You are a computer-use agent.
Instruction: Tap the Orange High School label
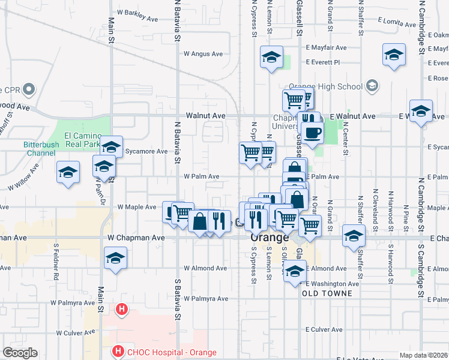[x=325, y=86]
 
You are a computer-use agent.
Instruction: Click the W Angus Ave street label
[x=203, y=53]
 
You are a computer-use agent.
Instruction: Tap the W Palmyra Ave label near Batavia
[x=206, y=298]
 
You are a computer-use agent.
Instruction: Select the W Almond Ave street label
[x=205, y=268]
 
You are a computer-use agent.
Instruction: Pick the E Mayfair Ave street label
[x=326, y=47]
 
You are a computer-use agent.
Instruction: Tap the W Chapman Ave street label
[x=136, y=238]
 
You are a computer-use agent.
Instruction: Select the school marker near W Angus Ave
[x=271, y=58]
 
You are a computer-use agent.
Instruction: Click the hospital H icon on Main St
[x=121, y=310]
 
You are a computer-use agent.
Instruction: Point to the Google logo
[x=20, y=353]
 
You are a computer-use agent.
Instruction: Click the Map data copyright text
[x=424, y=355]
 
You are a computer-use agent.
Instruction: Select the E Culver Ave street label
[x=324, y=329]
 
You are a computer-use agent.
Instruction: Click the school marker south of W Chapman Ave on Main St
[x=113, y=259]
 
